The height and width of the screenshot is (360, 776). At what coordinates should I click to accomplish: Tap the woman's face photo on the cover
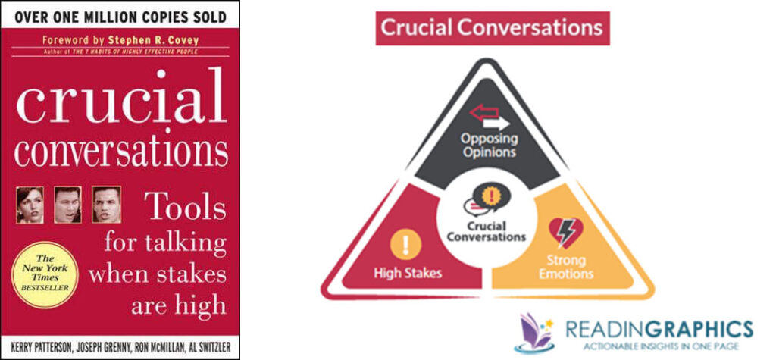(x=30, y=205)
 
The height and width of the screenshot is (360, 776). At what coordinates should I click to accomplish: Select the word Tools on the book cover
(x=186, y=207)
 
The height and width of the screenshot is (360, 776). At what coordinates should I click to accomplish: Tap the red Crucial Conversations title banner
(x=492, y=28)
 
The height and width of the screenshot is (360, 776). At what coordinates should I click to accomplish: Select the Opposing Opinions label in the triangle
(x=490, y=145)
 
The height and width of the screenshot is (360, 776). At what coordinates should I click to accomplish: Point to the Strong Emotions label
(x=566, y=267)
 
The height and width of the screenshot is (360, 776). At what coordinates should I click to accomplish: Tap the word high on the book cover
(x=200, y=305)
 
